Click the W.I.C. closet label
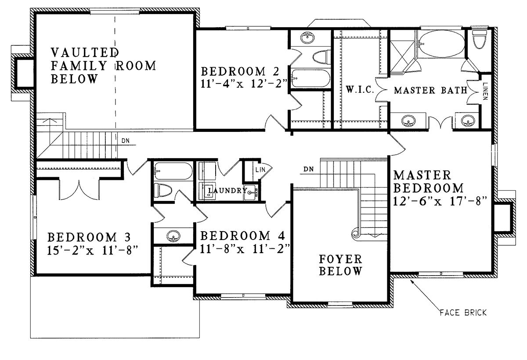coord(360,90)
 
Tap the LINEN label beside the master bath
coord(485,91)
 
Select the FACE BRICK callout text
coord(463,313)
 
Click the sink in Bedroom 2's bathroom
coord(307,38)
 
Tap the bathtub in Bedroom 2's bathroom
coord(310,78)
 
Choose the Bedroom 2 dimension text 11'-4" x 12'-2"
coord(244,84)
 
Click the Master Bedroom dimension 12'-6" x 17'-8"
coord(440,201)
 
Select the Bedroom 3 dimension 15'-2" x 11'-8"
coord(92,251)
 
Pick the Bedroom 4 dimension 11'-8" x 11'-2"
coord(245,249)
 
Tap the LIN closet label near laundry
coord(260,169)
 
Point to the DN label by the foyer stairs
coord(308,169)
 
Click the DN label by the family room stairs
coord(126,141)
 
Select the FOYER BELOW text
coord(340,265)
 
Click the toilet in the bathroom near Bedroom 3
coord(163,190)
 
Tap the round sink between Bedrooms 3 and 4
coord(173,236)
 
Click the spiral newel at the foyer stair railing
coord(356,233)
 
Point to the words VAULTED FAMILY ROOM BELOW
coord(104,65)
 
